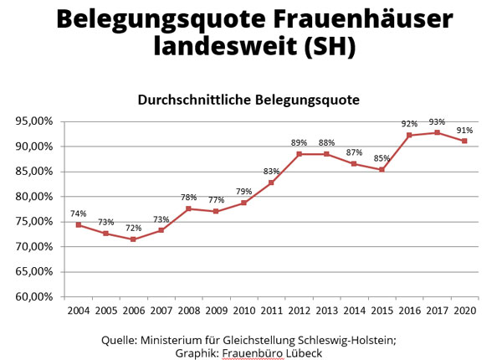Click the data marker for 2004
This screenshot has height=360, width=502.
point(79,224)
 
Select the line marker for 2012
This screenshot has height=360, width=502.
point(299,154)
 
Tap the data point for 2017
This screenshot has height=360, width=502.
point(437,132)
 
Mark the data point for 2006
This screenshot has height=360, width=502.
point(134,239)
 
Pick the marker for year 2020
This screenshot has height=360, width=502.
point(464,141)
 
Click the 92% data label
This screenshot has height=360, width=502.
point(410,123)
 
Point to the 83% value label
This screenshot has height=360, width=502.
point(272,172)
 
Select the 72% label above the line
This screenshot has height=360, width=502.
point(134,228)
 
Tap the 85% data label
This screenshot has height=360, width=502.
point(382,158)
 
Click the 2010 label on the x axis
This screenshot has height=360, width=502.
point(244,311)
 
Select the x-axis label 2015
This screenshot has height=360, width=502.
point(382,311)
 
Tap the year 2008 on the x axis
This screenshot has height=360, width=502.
point(189,311)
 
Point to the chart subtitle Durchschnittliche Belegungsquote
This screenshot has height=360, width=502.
point(248,100)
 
